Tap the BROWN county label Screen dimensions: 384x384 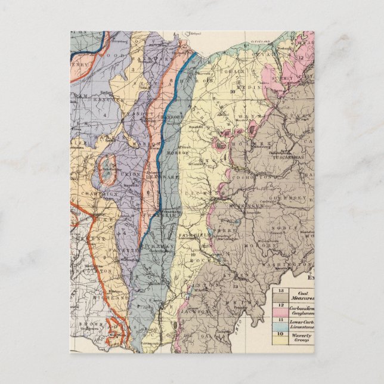[99, 326]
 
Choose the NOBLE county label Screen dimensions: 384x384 [292, 228]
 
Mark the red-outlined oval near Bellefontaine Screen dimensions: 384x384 [108, 169]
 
